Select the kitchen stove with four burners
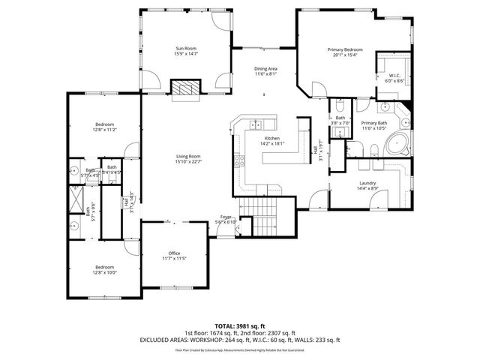point(240,160)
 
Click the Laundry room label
point(367,183)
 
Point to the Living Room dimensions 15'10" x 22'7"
point(188,160)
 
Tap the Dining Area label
point(265,68)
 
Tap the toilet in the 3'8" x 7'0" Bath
point(339,101)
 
